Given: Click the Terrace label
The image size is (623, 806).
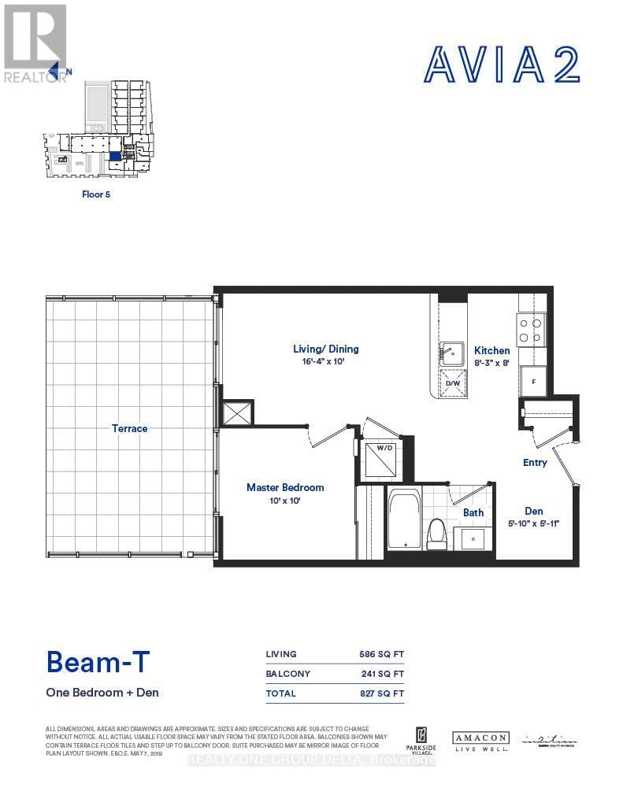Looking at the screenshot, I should point(130,428).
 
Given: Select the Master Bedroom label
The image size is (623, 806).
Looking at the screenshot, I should point(284,487).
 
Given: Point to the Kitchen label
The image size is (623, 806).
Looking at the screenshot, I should point(491,350).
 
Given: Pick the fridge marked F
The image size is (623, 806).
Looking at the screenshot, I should point(532,381).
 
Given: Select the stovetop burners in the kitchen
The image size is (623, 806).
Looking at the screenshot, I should point(532,329).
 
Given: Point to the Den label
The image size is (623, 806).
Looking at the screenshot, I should point(533,511).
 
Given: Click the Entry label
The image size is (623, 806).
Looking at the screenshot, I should point(535,462).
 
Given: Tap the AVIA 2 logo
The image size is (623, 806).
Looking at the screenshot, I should point(502,65).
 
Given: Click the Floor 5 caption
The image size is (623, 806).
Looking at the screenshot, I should point(96,194).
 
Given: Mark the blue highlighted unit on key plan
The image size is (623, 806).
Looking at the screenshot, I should point(116,156).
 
